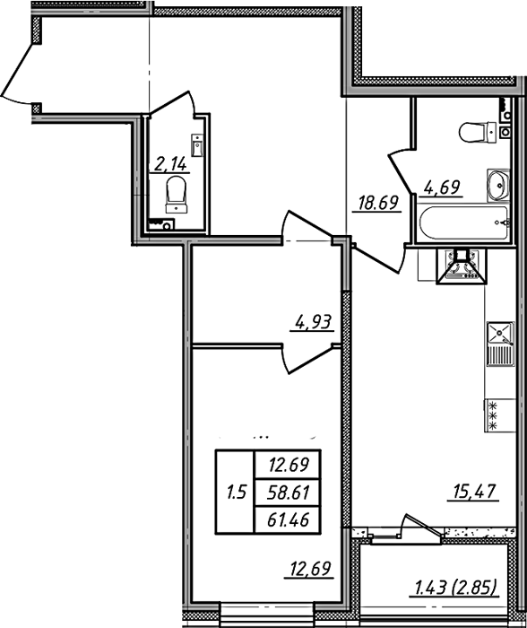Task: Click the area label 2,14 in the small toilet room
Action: point(170,164)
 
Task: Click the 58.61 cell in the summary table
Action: point(288,493)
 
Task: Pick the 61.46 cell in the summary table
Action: point(288,519)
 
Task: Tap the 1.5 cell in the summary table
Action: point(236,493)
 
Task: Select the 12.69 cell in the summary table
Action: point(288,465)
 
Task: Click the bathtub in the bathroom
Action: point(463,222)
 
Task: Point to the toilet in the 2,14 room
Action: point(177,195)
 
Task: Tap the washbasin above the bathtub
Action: point(497,186)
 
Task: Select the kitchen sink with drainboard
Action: point(500,344)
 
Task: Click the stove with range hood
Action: point(461,265)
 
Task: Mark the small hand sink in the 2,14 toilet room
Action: point(198,145)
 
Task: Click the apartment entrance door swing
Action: point(18,74)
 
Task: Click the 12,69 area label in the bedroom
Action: point(308,569)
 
